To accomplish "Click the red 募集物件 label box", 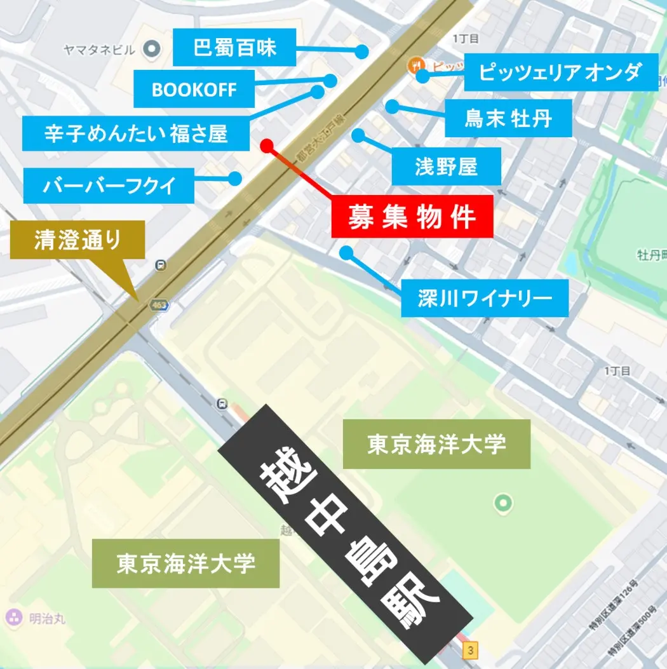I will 412,217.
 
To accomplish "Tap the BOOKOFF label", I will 194,90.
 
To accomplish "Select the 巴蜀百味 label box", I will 234,48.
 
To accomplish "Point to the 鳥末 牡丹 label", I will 508,118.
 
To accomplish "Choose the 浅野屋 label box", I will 446,166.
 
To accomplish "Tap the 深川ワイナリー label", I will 484,298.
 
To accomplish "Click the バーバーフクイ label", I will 109,186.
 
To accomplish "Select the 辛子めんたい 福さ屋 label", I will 135,133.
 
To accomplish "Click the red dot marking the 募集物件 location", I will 267,145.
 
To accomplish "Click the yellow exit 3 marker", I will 470,651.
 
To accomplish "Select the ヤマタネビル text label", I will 100,49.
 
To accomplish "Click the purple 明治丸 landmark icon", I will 12,617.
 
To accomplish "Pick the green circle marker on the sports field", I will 502,504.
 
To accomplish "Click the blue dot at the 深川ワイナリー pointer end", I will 346,253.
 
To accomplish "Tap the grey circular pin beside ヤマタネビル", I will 151,48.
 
